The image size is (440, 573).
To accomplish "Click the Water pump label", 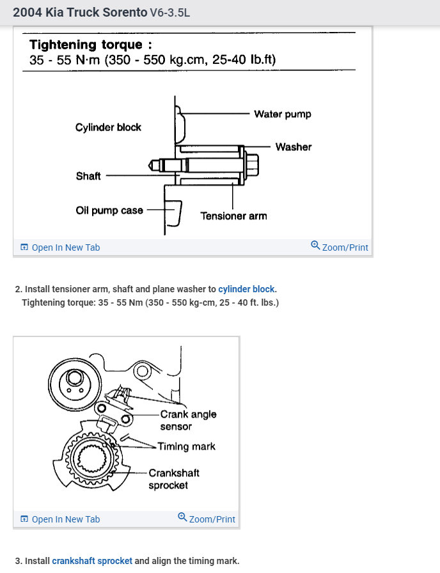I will [282, 114].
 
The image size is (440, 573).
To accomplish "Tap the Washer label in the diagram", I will [293, 147].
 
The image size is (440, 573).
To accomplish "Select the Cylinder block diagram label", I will [108, 127].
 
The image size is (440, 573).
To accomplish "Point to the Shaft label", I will [88, 176].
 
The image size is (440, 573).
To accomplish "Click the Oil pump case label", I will [109, 210].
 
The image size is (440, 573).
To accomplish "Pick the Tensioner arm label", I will [233, 216].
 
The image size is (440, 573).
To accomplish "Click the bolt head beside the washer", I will [252, 164].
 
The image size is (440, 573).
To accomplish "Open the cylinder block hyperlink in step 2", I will [246, 289].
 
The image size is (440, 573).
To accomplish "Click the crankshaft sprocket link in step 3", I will [92, 561].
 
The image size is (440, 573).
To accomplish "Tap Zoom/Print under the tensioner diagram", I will [340, 247].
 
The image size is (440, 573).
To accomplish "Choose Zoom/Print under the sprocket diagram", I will [207, 519].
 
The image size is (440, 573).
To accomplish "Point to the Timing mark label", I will [187, 446].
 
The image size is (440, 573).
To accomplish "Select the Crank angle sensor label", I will [188, 420].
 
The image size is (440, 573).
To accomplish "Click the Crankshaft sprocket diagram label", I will [174, 479].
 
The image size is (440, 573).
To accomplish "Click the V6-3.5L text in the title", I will [169, 13].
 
